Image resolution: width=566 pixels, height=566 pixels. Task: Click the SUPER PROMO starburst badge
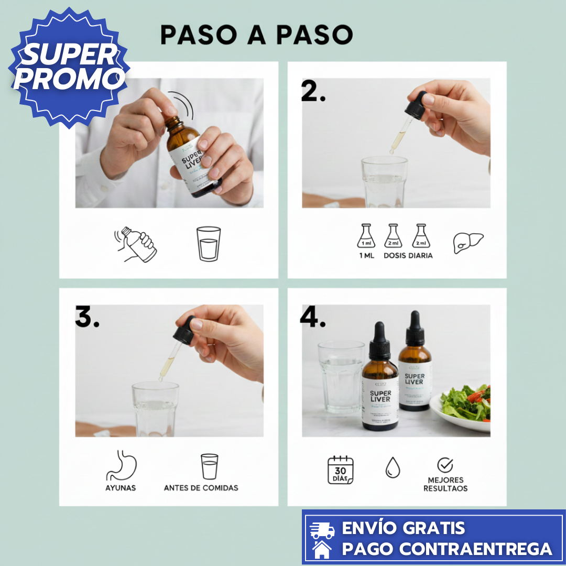point(68,67)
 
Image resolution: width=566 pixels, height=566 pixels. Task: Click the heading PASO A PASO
point(256,35)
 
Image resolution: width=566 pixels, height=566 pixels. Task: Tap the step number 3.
point(86,318)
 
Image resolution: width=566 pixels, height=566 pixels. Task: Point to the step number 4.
point(313,317)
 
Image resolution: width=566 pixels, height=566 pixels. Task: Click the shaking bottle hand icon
point(136,244)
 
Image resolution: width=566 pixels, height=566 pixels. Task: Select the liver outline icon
point(468,243)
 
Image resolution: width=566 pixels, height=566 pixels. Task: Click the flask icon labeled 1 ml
point(366,236)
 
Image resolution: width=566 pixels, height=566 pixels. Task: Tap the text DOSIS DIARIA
point(408,256)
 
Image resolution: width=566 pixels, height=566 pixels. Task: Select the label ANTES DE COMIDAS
point(201,488)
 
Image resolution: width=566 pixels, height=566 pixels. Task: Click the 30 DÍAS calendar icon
point(341,470)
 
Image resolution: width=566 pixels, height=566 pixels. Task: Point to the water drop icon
point(392,467)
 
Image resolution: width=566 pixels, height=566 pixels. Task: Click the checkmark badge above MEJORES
point(445,465)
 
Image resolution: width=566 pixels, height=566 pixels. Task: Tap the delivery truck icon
point(322,530)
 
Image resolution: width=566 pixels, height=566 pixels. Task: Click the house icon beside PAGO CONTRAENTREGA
point(322,549)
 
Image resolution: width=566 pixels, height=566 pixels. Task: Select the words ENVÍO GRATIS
point(403,528)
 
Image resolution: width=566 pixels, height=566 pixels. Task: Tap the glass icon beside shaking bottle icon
point(209,244)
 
